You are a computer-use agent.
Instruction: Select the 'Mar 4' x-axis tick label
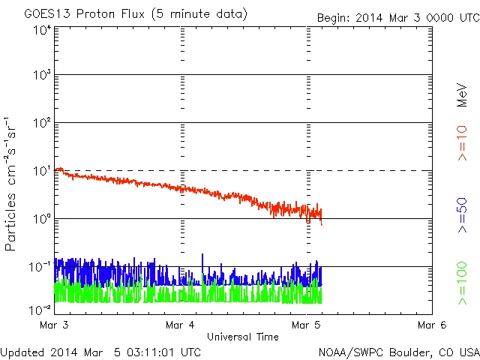(180, 325)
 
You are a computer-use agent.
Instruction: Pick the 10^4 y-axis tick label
(42, 30)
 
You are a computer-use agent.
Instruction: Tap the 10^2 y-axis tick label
(42, 124)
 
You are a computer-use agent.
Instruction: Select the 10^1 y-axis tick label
(42, 172)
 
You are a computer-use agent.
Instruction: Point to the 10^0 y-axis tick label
(42, 219)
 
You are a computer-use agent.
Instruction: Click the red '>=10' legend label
(462, 143)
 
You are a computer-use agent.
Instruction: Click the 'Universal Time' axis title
(242, 337)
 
